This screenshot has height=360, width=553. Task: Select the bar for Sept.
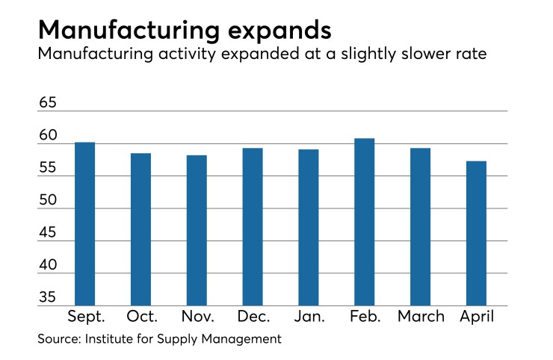pos(84,224)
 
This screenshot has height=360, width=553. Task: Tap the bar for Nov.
pos(197,231)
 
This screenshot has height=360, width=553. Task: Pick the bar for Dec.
pos(253,227)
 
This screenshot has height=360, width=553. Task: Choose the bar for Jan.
pos(309,228)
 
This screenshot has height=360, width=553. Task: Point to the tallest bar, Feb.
pos(364,222)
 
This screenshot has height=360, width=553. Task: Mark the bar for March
pos(420,227)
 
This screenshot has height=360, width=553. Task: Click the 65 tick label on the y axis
pos(48,103)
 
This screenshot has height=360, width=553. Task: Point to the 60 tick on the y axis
pos(48,136)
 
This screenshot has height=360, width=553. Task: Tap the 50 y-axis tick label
pos(48,202)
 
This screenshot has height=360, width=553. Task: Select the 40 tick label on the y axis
pos(48,267)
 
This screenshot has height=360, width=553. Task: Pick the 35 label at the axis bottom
pos(48,298)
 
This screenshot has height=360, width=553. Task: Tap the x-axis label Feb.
pos(365,317)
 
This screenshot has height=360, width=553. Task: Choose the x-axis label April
pos(476,317)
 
